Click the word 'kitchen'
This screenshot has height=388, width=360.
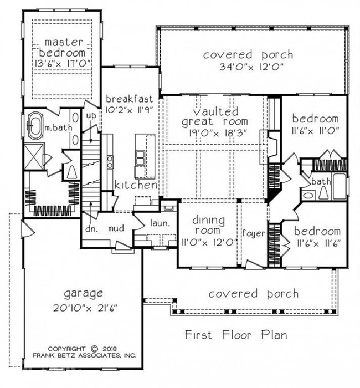[x=136, y=185]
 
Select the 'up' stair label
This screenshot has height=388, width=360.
[x=91, y=115]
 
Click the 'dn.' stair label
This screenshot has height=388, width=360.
[x=91, y=227]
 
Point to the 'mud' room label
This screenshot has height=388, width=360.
[x=115, y=227]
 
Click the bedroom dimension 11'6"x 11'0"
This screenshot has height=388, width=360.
[x=315, y=132]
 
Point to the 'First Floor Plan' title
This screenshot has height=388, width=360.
[x=236, y=335]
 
